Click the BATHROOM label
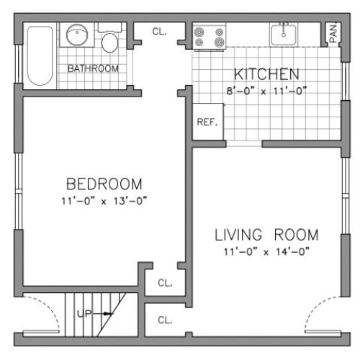(93, 68)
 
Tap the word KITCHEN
(266, 74)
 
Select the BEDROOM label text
(104, 183)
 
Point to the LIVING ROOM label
(266, 235)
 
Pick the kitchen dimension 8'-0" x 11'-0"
(266, 91)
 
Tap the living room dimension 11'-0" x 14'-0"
(266, 252)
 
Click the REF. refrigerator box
(207, 122)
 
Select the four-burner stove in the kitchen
(210, 37)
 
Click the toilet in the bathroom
(109, 40)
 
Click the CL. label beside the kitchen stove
(161, 31)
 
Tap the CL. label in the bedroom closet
(165, 283)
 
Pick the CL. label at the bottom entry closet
(165, 320)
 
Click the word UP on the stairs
(85, 314)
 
